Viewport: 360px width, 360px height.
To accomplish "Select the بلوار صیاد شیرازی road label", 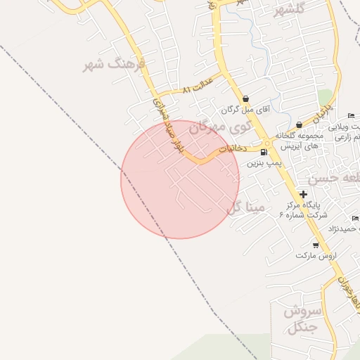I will [160, 116].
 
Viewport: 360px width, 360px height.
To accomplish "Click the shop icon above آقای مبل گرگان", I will [245, 99].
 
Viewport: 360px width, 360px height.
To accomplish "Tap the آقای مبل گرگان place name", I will [246, 110].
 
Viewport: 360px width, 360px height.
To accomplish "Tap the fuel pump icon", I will [264, 152].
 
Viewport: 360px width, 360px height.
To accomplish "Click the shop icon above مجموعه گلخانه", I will [300, 125].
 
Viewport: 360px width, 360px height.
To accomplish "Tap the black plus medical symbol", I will [303, 194].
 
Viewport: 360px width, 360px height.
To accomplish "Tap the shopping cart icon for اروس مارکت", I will [316, 245].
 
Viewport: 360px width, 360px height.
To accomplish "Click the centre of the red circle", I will [180, 179].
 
